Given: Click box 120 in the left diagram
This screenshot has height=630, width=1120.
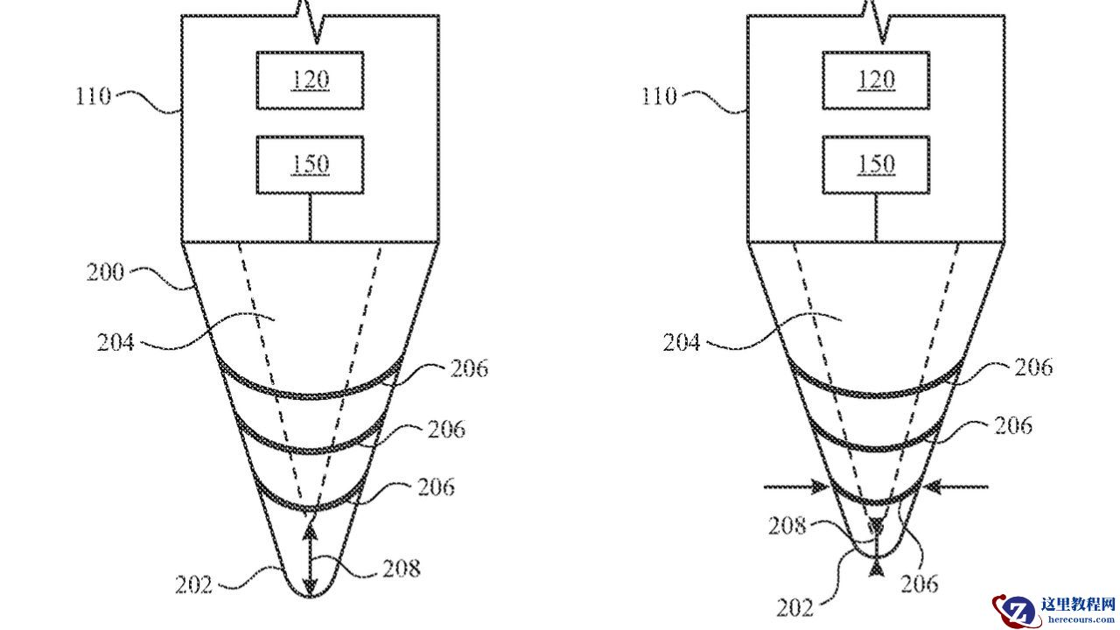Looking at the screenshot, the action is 310,80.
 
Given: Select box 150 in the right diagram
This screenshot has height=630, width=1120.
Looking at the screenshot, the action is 876,165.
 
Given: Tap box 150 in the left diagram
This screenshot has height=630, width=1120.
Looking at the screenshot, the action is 310,165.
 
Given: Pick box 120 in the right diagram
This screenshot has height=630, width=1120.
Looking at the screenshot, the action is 876,80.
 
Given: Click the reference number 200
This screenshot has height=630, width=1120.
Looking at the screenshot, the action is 105,272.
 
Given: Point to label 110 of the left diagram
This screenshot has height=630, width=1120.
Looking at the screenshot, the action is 93,96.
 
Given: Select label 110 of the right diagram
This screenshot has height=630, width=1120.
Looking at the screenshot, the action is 659,96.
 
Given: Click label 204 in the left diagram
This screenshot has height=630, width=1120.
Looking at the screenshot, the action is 115,343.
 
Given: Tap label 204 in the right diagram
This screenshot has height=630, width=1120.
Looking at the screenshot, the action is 682,343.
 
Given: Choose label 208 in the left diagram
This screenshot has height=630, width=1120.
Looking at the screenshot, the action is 402,569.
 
